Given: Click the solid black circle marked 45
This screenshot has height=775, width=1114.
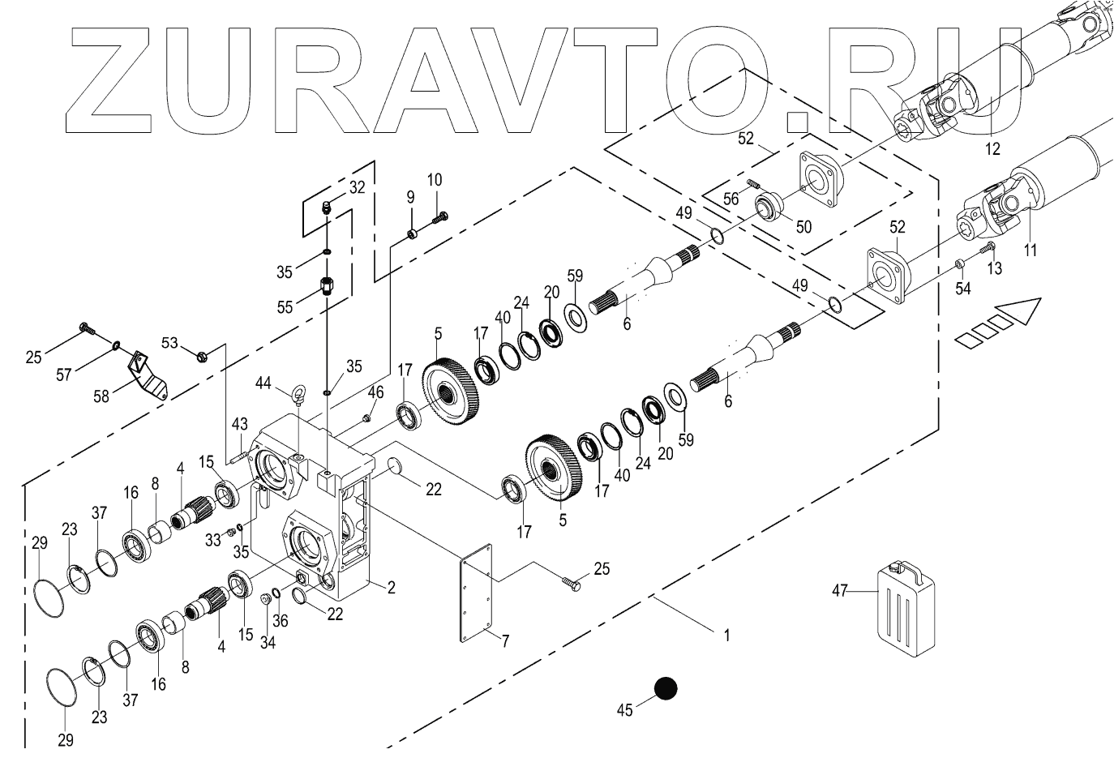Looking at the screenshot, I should point(666,688).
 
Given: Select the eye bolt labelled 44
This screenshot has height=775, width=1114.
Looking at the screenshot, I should point(298,395).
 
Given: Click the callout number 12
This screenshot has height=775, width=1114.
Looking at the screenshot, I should point(992,149).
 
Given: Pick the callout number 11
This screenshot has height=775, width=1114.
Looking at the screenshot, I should point(1030,250).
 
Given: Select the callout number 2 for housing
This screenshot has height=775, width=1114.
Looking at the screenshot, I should point(391,588).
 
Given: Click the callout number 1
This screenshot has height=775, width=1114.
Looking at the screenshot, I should point(726,636).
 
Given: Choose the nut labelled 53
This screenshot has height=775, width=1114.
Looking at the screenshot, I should point(203,353).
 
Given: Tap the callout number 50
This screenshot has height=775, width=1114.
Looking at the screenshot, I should point(803,227).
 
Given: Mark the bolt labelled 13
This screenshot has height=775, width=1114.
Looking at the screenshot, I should point(988,246).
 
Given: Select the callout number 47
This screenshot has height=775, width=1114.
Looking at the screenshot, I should point(839,592).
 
